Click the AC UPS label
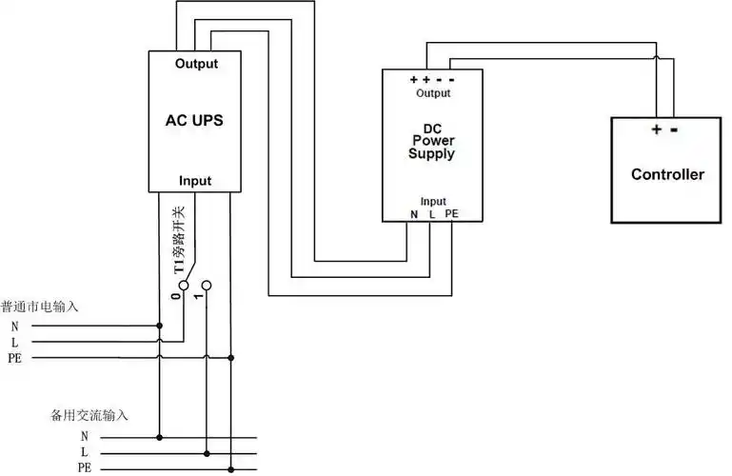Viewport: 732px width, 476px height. click(195, 122)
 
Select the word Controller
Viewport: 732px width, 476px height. click(667, 174)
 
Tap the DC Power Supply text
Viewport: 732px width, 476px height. click(432, 141)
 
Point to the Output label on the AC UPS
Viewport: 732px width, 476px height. click(196, 65)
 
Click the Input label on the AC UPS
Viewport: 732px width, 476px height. click(195, 181)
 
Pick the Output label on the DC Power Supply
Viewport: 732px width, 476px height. click(433, 93)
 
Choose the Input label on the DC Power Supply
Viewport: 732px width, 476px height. click(433, 201)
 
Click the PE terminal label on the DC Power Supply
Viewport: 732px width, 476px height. click(451, 214)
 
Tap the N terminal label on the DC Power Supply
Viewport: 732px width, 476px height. click(414, 214)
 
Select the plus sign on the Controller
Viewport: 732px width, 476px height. click(656, 129)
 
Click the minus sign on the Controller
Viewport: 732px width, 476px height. click(673, 129)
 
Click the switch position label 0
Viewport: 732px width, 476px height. click(174, 296)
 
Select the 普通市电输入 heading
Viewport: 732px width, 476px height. click(39, 307)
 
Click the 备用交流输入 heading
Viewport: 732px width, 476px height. click(89, 416)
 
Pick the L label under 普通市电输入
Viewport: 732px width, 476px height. click(14, 342)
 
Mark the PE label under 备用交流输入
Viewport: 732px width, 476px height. click(85, 467)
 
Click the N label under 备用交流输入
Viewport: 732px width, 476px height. click(85, 435)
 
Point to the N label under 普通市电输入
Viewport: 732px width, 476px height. click(14, 326)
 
